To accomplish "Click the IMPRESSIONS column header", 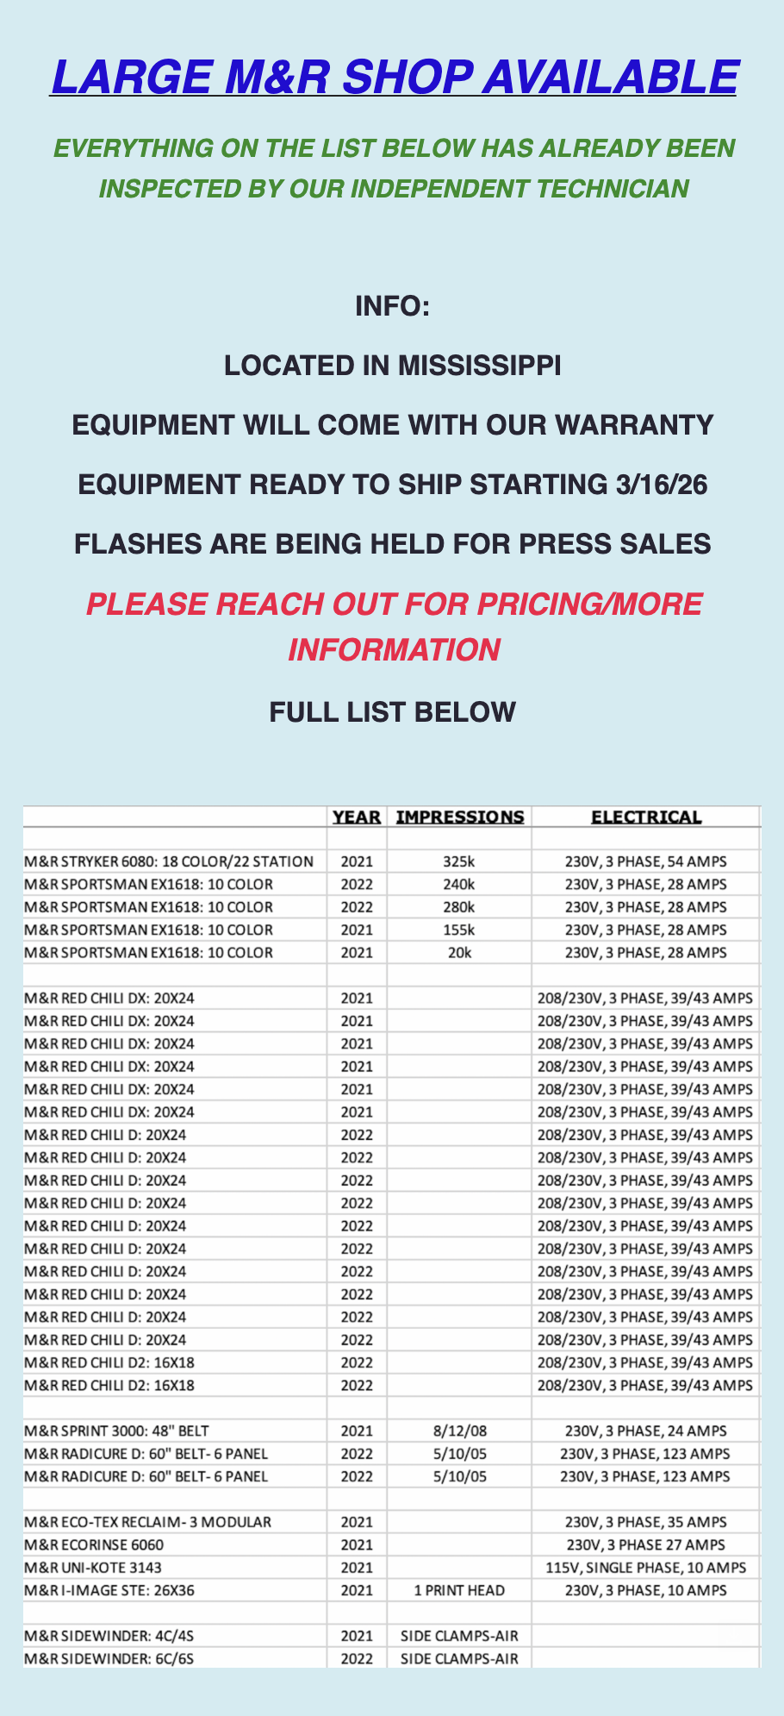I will [459, 817].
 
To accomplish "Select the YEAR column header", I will [357, 817].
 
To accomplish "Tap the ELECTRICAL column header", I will [646, 817].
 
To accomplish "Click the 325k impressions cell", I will [459, 861].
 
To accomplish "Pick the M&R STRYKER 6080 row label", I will [169, 861].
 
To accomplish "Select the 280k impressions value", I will [459, 907].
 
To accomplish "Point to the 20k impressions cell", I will [459, 953].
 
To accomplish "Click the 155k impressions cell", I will [459, 930].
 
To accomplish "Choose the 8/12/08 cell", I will [459, 1431].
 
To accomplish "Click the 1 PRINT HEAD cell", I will [459, 1590].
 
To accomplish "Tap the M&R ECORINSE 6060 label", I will [94, 1544].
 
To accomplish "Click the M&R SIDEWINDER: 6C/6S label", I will [109, 1658].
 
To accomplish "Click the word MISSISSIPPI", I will [479, 366].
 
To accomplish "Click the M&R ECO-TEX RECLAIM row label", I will [147, 1522].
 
